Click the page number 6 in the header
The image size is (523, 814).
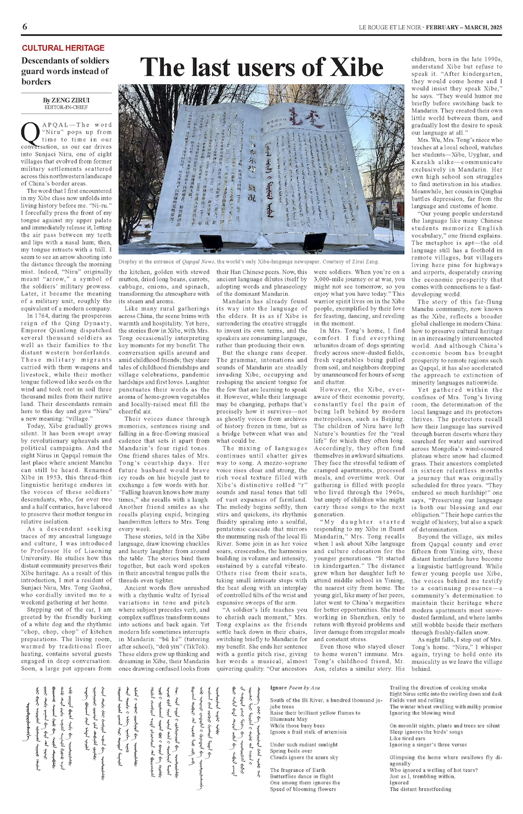point(25,27)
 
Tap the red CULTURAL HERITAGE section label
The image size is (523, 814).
point(63,48)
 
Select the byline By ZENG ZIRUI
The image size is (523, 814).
point(66,100)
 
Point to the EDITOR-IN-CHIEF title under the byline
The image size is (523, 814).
point(67,108)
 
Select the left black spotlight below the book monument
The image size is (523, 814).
point(212,241)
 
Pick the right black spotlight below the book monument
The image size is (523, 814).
point(314,241)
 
